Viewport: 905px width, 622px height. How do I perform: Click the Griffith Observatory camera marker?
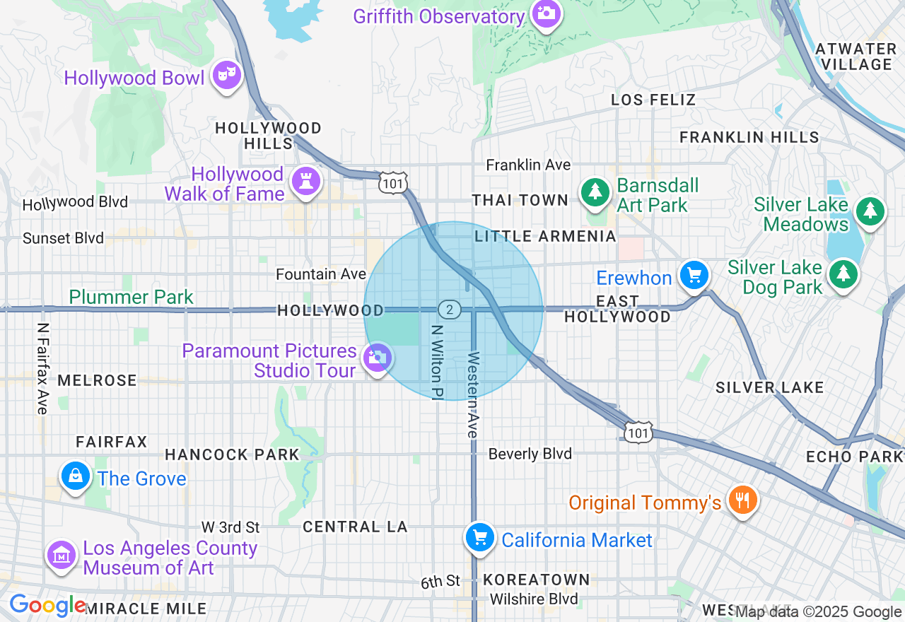click(546, 13)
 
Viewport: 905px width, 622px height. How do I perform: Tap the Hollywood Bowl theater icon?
click(227, 74)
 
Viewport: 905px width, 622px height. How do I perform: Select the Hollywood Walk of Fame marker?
click(306, 181)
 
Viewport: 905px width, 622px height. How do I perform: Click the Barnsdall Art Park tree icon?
click(595, 192)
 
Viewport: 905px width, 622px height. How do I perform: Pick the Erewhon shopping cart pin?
click(694, 275)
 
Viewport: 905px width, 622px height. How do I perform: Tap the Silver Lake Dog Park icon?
click(842, 274)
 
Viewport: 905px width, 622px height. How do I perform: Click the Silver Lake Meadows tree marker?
click(870, 211)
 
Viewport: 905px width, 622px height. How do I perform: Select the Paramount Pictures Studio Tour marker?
click(377, 358)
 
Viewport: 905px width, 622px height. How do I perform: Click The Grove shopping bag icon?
click(76, 476)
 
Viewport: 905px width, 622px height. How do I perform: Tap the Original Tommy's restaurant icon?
click(742, 500)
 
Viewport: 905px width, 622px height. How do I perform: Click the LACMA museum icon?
click(62, 555)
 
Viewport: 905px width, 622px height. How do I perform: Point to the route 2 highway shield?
click(449, 310)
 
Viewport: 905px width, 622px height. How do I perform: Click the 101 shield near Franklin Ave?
click(392, 183)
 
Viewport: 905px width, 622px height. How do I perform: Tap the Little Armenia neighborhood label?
click(545, 236)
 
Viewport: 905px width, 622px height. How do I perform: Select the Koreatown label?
click(537, 580)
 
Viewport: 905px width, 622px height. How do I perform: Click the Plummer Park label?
click(132, 297)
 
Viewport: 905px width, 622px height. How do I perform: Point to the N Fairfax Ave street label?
click(43, 368)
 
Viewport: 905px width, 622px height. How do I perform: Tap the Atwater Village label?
click(856, 57)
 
